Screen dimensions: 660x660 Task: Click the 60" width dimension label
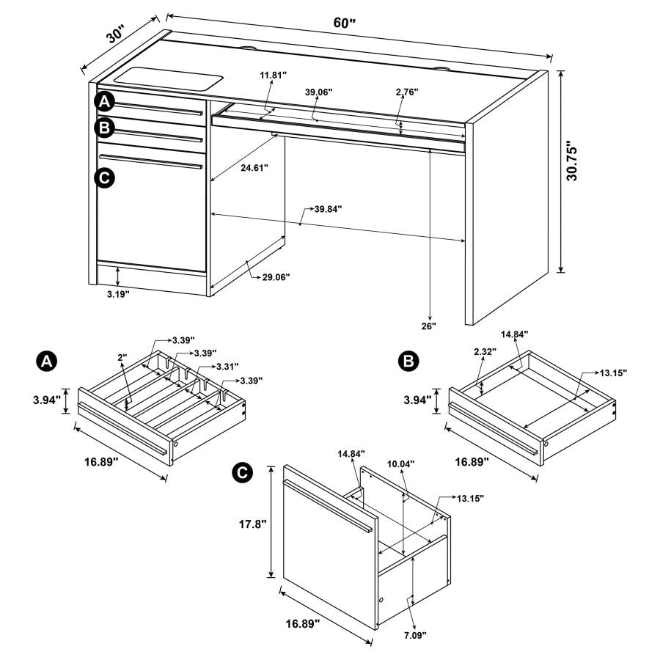click(x=344, y=23)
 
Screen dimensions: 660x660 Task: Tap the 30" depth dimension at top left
click(x=116, y=34)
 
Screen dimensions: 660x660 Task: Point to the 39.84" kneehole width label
click(x=327, y=209)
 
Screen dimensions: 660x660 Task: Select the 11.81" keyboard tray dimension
click(x=272, y=76)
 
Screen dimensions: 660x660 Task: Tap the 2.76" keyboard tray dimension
click(x=406, y=92)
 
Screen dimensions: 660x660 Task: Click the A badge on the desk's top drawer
click(x=105, y=101)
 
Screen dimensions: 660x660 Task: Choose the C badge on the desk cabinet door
click(x=105, y=177)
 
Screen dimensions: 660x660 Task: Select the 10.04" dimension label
click(x=401, y=463)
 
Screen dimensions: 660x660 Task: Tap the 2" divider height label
click(x=122, y=356)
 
